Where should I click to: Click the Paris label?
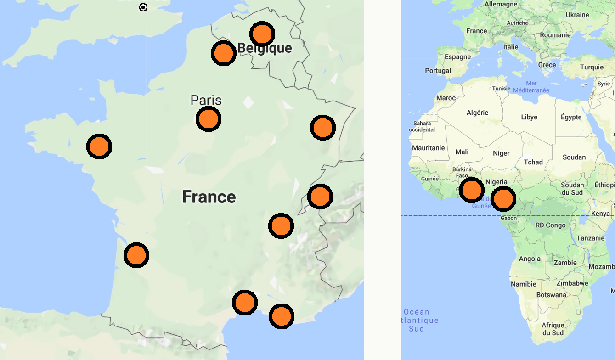[206, 100]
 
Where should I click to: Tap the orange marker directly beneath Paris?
[209, 119]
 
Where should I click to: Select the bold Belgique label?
[265, 48]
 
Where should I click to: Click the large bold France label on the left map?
[209, 197]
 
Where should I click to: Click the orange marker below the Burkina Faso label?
[471, 190]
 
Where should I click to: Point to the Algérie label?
[477, 112]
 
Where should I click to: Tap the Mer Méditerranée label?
[531, 87]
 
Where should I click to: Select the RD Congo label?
[551, 225]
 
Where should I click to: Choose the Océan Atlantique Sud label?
[416, 320]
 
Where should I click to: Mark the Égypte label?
[571, 117]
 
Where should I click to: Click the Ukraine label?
[577, 15]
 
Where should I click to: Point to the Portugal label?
[438, 71]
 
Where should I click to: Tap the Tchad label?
[533, 162]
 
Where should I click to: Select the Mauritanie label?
[428, 148]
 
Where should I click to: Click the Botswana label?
[551, 295]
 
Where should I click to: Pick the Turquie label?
[592, 67]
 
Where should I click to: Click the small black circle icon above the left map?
[143, 7]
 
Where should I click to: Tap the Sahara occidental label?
[422, 126]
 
